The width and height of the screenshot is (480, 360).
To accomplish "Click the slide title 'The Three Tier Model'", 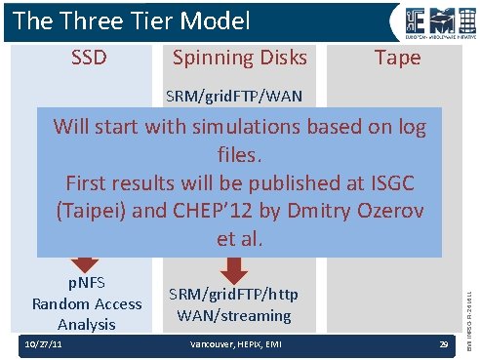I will [132, 20].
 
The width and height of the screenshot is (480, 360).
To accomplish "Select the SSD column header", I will [89, 59].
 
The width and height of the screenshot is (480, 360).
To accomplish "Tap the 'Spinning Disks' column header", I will [239, 59].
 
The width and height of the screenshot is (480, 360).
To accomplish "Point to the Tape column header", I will [398, 59].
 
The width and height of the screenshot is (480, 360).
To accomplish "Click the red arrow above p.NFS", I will [85, 261].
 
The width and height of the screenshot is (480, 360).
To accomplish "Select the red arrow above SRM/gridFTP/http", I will [234, 263].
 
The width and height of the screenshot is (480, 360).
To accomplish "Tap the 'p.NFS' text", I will [86, 284].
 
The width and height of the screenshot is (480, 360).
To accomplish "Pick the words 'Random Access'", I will [86, 303].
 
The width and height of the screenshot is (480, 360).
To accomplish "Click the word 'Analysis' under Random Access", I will [86, 324].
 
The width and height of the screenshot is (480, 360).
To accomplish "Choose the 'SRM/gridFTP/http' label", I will [234, 295].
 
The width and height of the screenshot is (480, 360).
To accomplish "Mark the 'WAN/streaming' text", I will [234, 315].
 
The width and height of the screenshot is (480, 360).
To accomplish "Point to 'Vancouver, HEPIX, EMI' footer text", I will [231, 347].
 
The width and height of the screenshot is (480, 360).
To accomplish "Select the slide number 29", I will [443, 347].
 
